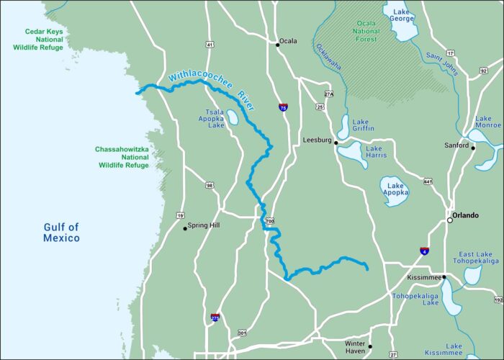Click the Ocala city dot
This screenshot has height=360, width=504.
click(x=277, y=44)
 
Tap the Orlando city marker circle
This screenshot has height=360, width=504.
click(x=450, y=220)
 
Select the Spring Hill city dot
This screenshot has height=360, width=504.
click(x=185, y=228)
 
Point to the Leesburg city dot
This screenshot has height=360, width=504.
click(x=336, y=143)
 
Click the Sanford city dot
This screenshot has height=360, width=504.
click(x=473, y=148)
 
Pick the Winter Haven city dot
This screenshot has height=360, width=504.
click(x=370, y=346)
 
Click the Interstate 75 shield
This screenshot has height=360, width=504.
click(x=283, y=107)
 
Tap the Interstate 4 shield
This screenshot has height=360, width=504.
click(x=424, y=251)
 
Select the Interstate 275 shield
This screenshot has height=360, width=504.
click(x=215, y=317)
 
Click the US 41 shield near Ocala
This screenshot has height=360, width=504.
click(x=210, y=45)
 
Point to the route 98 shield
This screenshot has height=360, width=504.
click(x=209, y=185)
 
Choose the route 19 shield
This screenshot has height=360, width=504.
click(x=179, y=215)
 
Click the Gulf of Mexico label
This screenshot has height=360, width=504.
click(x=61, y=233)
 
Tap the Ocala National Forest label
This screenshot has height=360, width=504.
click(x=365, y=32)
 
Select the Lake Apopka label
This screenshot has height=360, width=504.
click(x=395, y=188)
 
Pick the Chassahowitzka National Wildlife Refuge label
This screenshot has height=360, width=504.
click(x=122, y=157)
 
